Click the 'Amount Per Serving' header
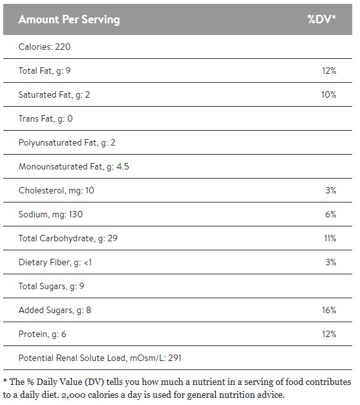69,19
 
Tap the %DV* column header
321,19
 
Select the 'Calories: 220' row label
45,47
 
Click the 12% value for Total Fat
329,71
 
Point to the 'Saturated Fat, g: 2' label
54,95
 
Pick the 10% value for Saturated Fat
329,95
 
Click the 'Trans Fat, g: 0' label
46,119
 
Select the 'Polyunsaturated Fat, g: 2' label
67,143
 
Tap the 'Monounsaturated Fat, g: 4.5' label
74,167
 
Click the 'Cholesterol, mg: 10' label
56,191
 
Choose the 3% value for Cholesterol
331,191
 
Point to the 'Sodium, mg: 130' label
50,215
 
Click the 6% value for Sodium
331,215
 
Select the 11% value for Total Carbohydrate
330,239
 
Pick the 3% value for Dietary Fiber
331,263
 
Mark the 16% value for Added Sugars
329,311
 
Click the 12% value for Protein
329,334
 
